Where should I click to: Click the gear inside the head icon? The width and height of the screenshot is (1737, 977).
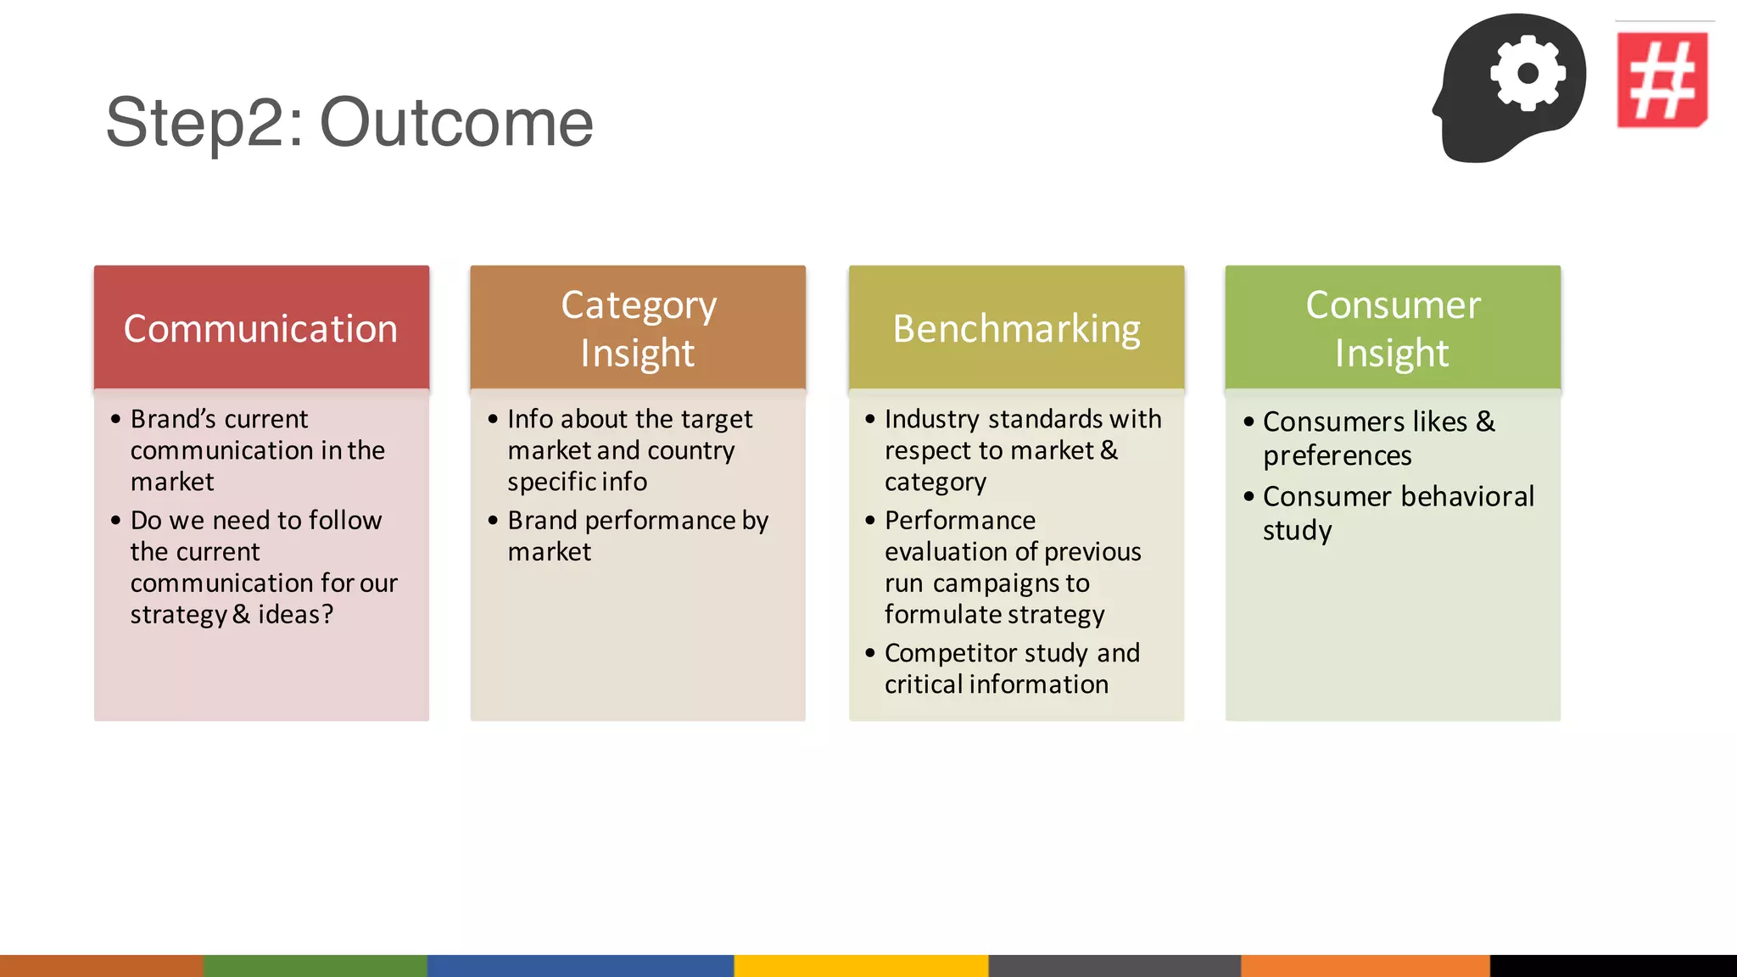coord(1528,74)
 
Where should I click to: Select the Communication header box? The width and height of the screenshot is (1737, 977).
coord(261,328)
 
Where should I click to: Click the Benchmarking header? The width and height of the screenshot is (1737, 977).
coord(1016,328)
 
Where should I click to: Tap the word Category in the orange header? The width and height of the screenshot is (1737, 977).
coord(639,305)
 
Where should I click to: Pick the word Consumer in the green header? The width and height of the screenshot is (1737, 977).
coord(1393,305)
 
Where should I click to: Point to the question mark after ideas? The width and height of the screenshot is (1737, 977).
coord(327,614)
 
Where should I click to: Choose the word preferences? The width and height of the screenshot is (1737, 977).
coord(1337,456)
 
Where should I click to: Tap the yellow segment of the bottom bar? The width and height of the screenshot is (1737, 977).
coord(860,965)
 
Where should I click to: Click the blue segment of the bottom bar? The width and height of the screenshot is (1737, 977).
coord(580,965)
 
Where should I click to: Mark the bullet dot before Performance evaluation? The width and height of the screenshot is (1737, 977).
coord(869,520)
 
